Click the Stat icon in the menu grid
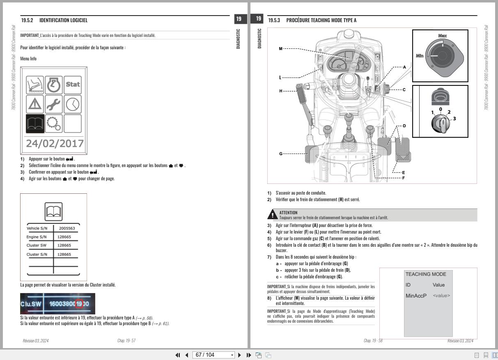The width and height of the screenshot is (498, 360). click(73, 85)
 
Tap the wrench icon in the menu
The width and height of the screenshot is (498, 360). click(54, 104)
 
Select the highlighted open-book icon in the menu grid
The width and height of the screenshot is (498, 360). click(35, 123)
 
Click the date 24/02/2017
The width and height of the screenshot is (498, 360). click(55, 144)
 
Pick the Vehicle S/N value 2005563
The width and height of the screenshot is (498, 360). click(67, 228)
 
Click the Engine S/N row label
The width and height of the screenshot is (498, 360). click(37, 237)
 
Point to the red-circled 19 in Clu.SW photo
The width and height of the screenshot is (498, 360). click(79, 304)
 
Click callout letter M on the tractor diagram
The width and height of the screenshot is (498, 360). click(281, 49)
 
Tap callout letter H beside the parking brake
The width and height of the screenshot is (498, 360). click(281, 91)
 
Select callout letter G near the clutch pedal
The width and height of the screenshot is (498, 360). click(281, 154)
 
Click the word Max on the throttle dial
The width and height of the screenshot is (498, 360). click(442, 37)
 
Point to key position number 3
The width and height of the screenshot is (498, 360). click(454, 119)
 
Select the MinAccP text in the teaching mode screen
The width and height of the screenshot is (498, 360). click(416, 296)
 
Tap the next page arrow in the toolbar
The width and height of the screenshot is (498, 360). click(239, 355)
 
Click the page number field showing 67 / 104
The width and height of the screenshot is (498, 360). click(214, 355)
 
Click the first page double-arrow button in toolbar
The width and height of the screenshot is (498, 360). click(178, 355)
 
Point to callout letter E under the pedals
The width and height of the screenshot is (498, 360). click(403, 173)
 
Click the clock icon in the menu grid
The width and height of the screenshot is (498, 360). click(73, 104)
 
